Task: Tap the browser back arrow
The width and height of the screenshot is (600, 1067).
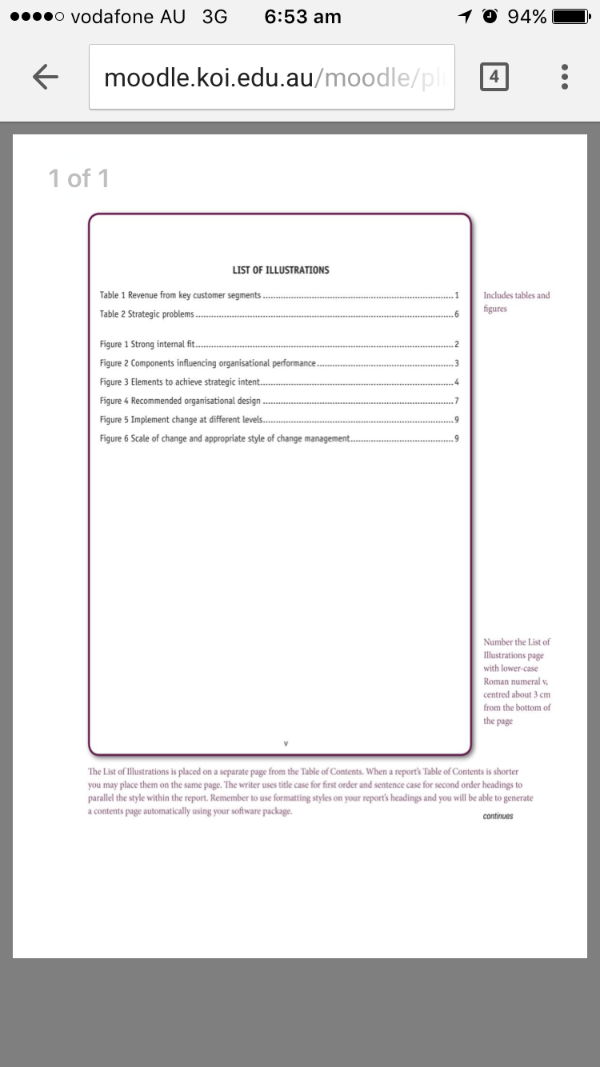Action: pos(46,77)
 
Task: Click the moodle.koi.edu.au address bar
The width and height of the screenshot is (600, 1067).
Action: pos(272,77)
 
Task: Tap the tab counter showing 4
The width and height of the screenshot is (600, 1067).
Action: pos(494,77)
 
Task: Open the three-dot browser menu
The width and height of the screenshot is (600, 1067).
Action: pos(565,77)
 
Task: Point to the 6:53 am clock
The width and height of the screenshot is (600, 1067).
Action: pos(302,17)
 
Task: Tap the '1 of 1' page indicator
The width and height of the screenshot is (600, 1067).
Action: pos(78,178)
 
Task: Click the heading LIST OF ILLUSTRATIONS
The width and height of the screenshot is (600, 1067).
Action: pos(281,270)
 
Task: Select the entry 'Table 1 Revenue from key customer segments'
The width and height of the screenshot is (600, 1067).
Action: pos(181,295)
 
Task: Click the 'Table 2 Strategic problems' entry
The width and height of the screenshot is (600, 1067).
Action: pos(146,314)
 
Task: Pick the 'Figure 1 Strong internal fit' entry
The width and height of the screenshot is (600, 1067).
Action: pos(148,345)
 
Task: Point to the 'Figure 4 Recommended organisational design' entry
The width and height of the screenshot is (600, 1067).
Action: pos(180,401)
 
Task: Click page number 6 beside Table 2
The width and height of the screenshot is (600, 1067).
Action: pos(456,314)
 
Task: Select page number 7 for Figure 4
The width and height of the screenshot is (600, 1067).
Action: pos(456,401)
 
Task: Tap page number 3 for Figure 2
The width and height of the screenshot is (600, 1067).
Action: pos(456,364)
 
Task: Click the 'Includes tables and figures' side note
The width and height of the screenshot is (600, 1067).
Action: pos(516,302)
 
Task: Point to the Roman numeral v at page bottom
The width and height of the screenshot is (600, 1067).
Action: pos(286,744)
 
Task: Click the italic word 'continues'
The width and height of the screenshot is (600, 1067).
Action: pos(498,816)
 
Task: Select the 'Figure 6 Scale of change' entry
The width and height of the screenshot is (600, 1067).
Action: pos(225,438)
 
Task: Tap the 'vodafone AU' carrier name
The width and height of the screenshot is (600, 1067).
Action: pos(127,17)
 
